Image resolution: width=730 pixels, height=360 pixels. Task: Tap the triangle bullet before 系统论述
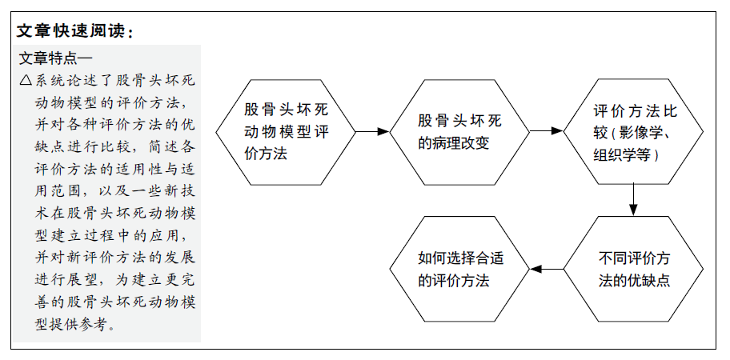pos(26,81)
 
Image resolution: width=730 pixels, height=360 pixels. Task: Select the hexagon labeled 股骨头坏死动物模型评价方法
pos(286,132)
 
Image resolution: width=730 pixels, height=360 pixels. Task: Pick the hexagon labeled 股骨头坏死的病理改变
pos(459,132)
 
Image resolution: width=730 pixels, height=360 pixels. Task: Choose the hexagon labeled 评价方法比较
pos(633,132)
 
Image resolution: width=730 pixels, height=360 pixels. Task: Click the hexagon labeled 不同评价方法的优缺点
pos(633,269)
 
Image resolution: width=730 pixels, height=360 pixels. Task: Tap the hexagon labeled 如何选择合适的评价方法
pos(459,269)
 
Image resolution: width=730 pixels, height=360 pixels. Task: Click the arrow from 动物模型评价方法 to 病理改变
pos(372,132)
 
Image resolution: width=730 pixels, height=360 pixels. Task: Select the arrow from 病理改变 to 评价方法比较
pos(547,131)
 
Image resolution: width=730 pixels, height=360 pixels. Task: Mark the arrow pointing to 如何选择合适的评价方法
pos(547,269)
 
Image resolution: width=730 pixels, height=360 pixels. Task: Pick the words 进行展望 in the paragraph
pos(64,278)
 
